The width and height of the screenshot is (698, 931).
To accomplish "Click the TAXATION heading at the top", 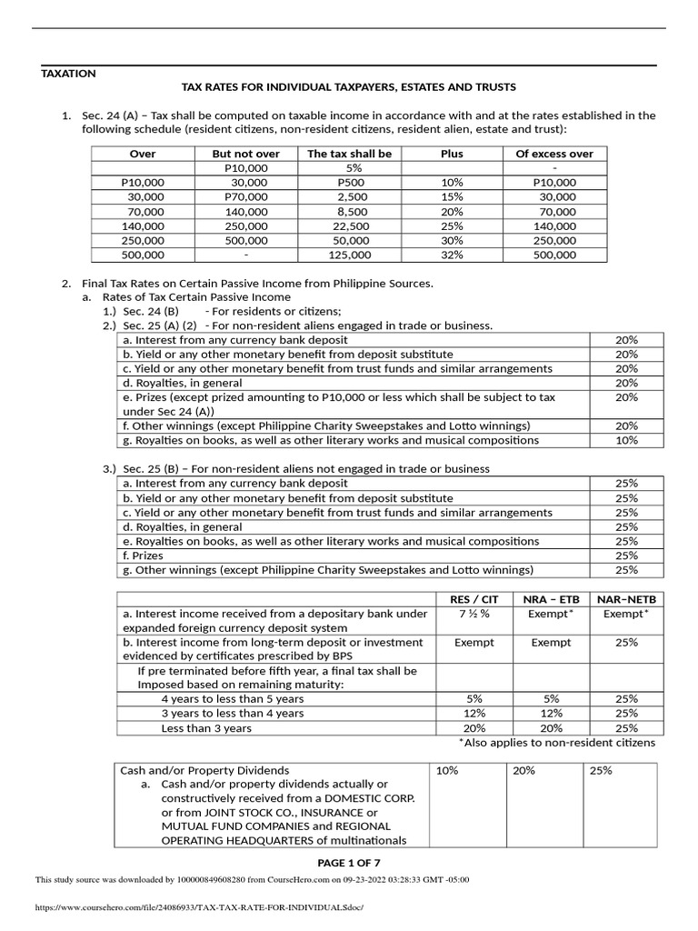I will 68,73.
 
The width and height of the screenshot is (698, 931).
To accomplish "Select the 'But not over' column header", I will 245,154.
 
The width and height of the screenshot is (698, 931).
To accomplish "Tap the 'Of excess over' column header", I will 553,154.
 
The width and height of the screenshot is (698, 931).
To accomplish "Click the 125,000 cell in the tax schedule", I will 349,255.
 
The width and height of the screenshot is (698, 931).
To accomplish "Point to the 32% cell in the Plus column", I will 452,255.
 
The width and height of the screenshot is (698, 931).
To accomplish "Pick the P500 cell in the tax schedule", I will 349,183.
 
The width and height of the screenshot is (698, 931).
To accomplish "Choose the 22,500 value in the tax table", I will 349,226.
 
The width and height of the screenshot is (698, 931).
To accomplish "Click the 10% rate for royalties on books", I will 626,440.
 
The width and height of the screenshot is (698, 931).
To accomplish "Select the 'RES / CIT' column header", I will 474,599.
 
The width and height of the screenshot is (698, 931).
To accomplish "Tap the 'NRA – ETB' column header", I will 551,599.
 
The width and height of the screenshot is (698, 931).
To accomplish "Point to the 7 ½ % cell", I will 474,614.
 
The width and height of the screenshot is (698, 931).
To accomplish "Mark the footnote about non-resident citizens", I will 556,743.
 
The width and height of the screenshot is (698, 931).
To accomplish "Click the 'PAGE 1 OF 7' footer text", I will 349,862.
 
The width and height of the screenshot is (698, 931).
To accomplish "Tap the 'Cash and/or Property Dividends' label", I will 204,770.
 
